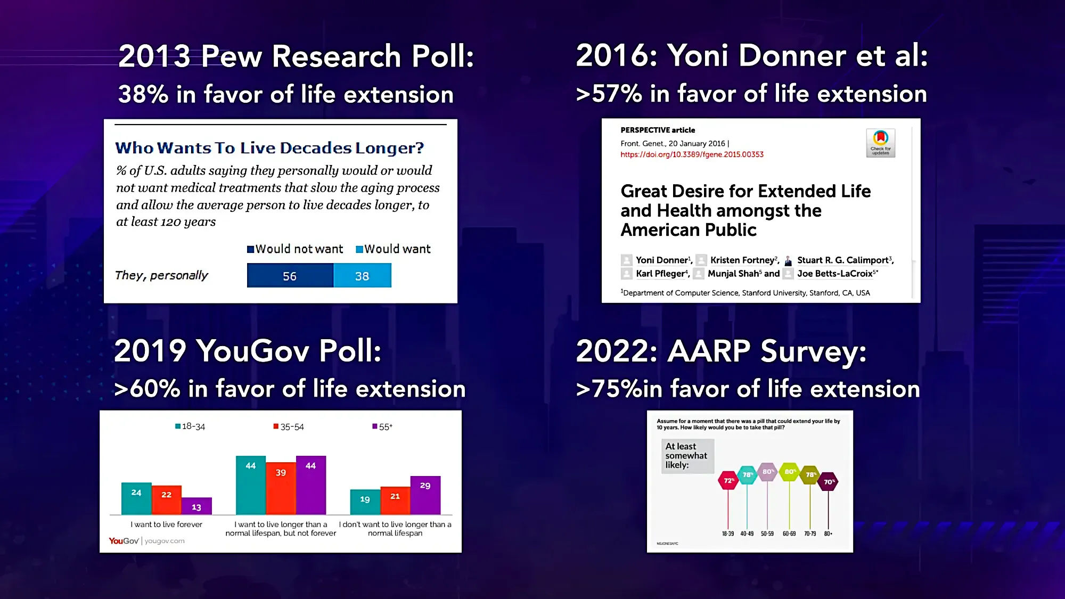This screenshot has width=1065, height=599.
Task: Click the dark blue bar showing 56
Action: tap(290, 276)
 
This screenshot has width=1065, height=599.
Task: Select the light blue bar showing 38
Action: tap(362, 276)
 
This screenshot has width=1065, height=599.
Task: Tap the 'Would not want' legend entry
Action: tap(295, 249)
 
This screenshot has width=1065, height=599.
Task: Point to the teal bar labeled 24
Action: tap(136, 499)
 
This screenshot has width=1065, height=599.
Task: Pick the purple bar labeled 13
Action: tap(196, 506)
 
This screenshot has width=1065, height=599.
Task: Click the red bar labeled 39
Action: tap(281, 488)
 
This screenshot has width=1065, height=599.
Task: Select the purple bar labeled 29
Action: tap(425, 495)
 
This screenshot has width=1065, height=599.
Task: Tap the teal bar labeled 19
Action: tap(365, 502)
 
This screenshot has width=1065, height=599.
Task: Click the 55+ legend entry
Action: tap(382, 426)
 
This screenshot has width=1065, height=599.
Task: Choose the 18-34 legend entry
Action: tap(190, 426)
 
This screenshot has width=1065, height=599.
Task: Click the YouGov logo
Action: tap(124, 541)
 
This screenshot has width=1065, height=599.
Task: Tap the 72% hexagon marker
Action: tap(728, 481)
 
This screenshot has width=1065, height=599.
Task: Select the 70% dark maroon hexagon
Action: tap(828, 482)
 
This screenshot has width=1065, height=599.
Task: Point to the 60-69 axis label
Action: tap(789, 534)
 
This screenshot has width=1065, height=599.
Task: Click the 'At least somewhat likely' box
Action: tap(687, 456)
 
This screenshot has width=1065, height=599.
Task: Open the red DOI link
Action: tap(692, 154)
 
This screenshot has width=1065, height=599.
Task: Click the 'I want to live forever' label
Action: tap(167, 524)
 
